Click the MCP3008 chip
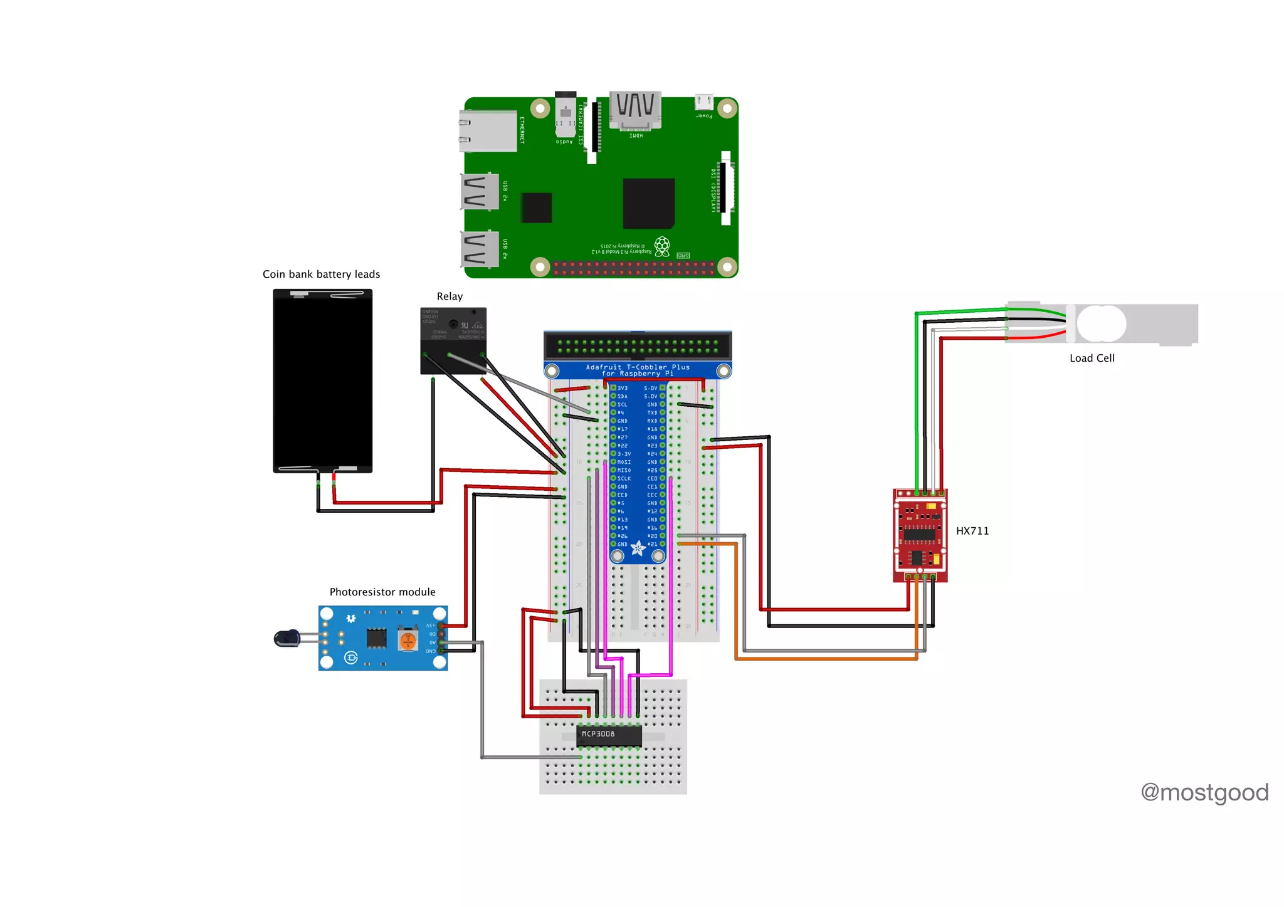tap(609, 735)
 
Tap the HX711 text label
tap(972, 531)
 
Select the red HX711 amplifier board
tap(920, 536)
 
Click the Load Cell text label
tap(1092, 358)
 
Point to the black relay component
tap(453, 340)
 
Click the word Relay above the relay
tap(450, 296)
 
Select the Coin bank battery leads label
tap(321, 274)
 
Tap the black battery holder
tap(322, 380)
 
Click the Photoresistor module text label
tap(382, 592)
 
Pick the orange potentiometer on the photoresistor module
tap(408, 641)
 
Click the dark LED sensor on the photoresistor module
tap(287, 638)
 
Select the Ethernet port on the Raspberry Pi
tap(488, 131)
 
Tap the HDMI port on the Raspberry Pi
tap(635, 111)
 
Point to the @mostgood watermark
tap(1204, 792)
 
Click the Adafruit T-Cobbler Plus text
tap(637, 370)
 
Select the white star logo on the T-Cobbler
tap(638, 549)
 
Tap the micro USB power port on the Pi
tap(703, 102)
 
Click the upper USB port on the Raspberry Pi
tap(480, 191)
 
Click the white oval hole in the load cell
tap(1101, 323)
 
